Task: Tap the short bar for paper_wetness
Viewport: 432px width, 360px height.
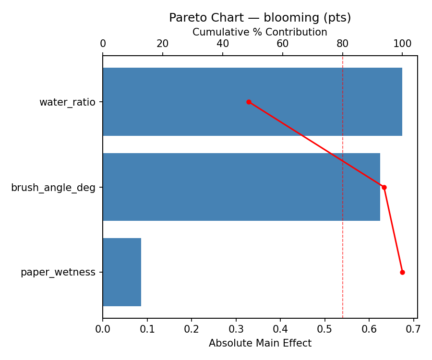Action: tap(122, 272)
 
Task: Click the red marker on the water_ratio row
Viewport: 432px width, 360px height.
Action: tap(249, 102)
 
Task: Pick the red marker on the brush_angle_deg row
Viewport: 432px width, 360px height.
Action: tap(384, 187)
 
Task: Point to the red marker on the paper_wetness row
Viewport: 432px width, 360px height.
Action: tap(402, 272)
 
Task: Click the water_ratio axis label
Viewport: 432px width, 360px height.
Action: tap(67, 102)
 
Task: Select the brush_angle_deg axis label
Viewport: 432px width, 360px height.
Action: tap(53, 187)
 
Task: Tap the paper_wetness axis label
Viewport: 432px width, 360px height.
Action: tap(58, 272)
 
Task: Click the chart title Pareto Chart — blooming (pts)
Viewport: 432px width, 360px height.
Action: tap(260, 18)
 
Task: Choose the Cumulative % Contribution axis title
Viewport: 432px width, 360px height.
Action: tap(260, 32)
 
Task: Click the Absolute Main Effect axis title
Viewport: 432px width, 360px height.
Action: tap(260, 343)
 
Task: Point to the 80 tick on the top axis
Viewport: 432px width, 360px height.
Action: tap(342, 44)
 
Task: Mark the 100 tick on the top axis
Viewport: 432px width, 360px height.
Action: tap(402, 44)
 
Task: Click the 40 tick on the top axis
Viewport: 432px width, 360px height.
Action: tap(223, 44)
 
